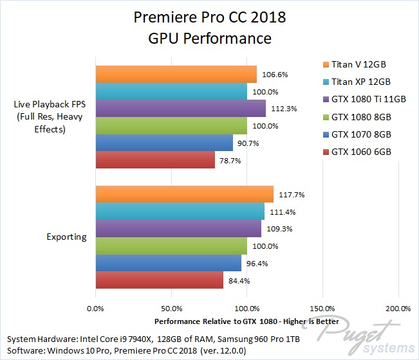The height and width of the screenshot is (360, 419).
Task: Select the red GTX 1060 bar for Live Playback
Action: click(x=155, y=160)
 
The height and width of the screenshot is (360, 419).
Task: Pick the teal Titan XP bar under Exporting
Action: click(x=180, y=212)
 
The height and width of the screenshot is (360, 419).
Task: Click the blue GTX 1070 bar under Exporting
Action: click(x=169, y=263)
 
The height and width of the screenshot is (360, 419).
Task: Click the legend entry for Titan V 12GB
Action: click(x=358, y=64)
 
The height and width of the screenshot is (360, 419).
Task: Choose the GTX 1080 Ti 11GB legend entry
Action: click(x=364, y=99)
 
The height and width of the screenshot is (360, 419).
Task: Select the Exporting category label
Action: click(x=66, y=237)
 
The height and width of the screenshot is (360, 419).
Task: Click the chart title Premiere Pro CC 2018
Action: click(x=209, y=17)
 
